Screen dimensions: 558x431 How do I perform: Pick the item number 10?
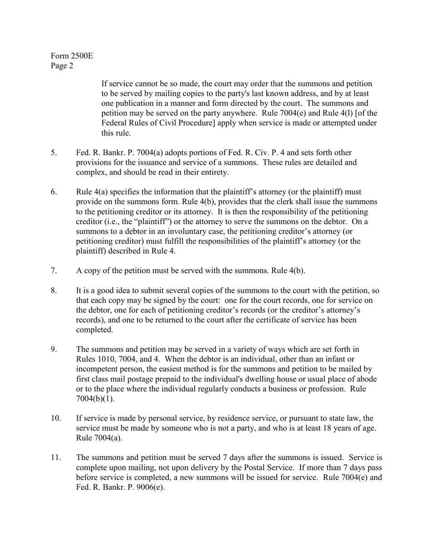[56, 419]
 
